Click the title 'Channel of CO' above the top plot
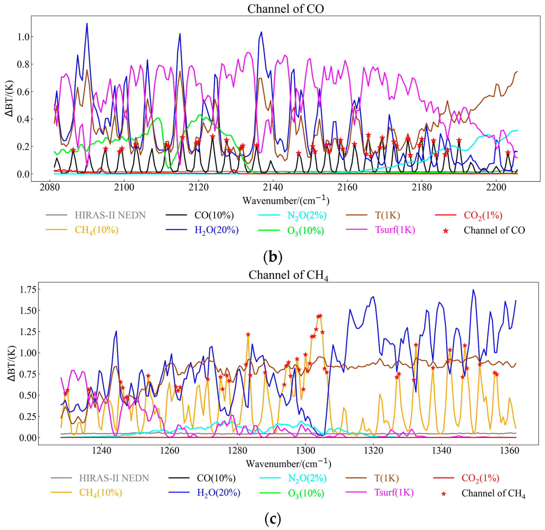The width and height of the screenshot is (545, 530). [286, 9]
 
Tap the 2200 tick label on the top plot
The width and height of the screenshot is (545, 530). [496, 187]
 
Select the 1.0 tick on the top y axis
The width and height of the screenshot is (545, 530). [23, 37]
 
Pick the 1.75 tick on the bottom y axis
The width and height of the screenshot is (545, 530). [28, 290]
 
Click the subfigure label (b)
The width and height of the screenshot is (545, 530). [273, 257]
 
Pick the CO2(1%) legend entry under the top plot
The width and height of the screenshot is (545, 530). [483, 215]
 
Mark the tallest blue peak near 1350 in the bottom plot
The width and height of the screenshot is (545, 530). [473, 290]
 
